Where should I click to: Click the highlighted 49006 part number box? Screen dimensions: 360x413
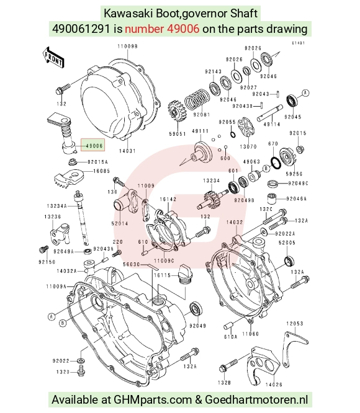[x=92, y=145]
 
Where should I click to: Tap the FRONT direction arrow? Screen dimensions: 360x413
[x=53, y=58]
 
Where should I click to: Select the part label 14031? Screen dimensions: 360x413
[x=127, y=151]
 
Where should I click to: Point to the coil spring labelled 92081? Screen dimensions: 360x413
[x=197, y=100]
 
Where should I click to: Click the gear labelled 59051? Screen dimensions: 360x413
[x=176, y=112]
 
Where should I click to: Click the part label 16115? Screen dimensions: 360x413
[x=163, y=275]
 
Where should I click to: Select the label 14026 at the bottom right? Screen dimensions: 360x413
[x=274, y=384]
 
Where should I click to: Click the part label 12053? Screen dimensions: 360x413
[x=295, y=324]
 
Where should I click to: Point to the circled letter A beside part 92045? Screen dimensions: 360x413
[x=305, y=93]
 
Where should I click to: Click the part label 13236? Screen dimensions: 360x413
[x=53, y=216]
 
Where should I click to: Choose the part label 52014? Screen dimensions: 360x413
[x=119, y=223]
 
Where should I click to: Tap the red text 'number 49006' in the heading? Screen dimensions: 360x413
[x=162, y=29]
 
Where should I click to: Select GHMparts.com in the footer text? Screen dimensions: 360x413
[x=153, y=400]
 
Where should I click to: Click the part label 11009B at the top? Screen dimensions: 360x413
[x=128, y=47]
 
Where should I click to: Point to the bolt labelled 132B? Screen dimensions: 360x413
[x=228, y=365]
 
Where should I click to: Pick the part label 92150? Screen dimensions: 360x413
[x=47, y=262]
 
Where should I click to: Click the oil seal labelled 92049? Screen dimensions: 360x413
[x=196, y=309]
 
